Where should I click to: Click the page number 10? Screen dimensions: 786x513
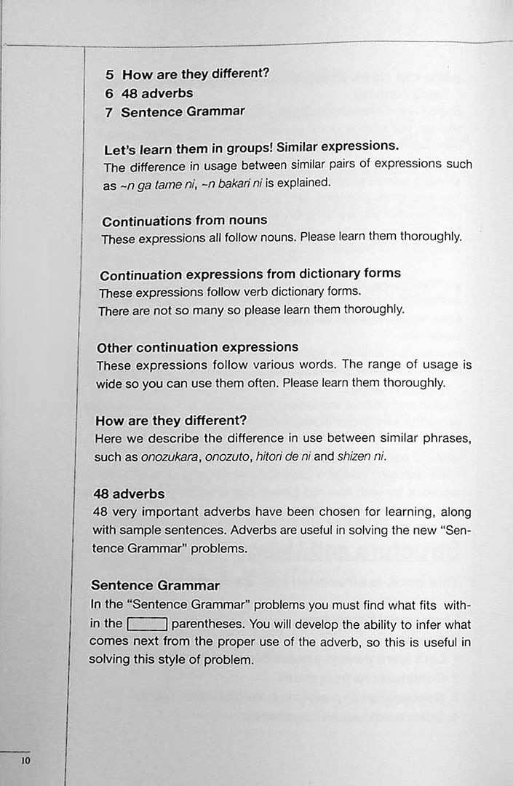pyautogui.click(x=25, y=761)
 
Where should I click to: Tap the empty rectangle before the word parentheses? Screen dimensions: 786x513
pyautogui.click(x=148, y=624)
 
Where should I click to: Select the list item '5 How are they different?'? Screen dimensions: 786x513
pyautogui.click(x=187, y=74)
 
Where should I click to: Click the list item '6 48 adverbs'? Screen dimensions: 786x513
pyautogui.click(x=148, y=93)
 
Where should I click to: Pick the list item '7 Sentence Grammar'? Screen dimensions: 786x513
pyautogui.click(x=175, y=112)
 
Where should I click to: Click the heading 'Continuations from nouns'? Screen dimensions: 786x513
pyautogui.click(x=184, y=221)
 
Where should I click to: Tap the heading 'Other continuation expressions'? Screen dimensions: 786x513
pyautogui.click(x=197, y=347)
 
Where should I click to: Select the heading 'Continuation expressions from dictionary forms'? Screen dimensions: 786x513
pyautogui.click(x=250, y=274)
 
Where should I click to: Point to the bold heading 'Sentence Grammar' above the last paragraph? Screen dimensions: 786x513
pyautogui.click(x=155, y=585)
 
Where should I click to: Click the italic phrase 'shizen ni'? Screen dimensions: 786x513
pyautogui.click(x=362, y=457)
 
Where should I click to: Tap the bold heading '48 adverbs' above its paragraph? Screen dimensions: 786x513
pyautogui.click(x=129, y=494)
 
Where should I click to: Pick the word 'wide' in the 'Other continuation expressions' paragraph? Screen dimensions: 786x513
pyautogui.click(x=108, y=384)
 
